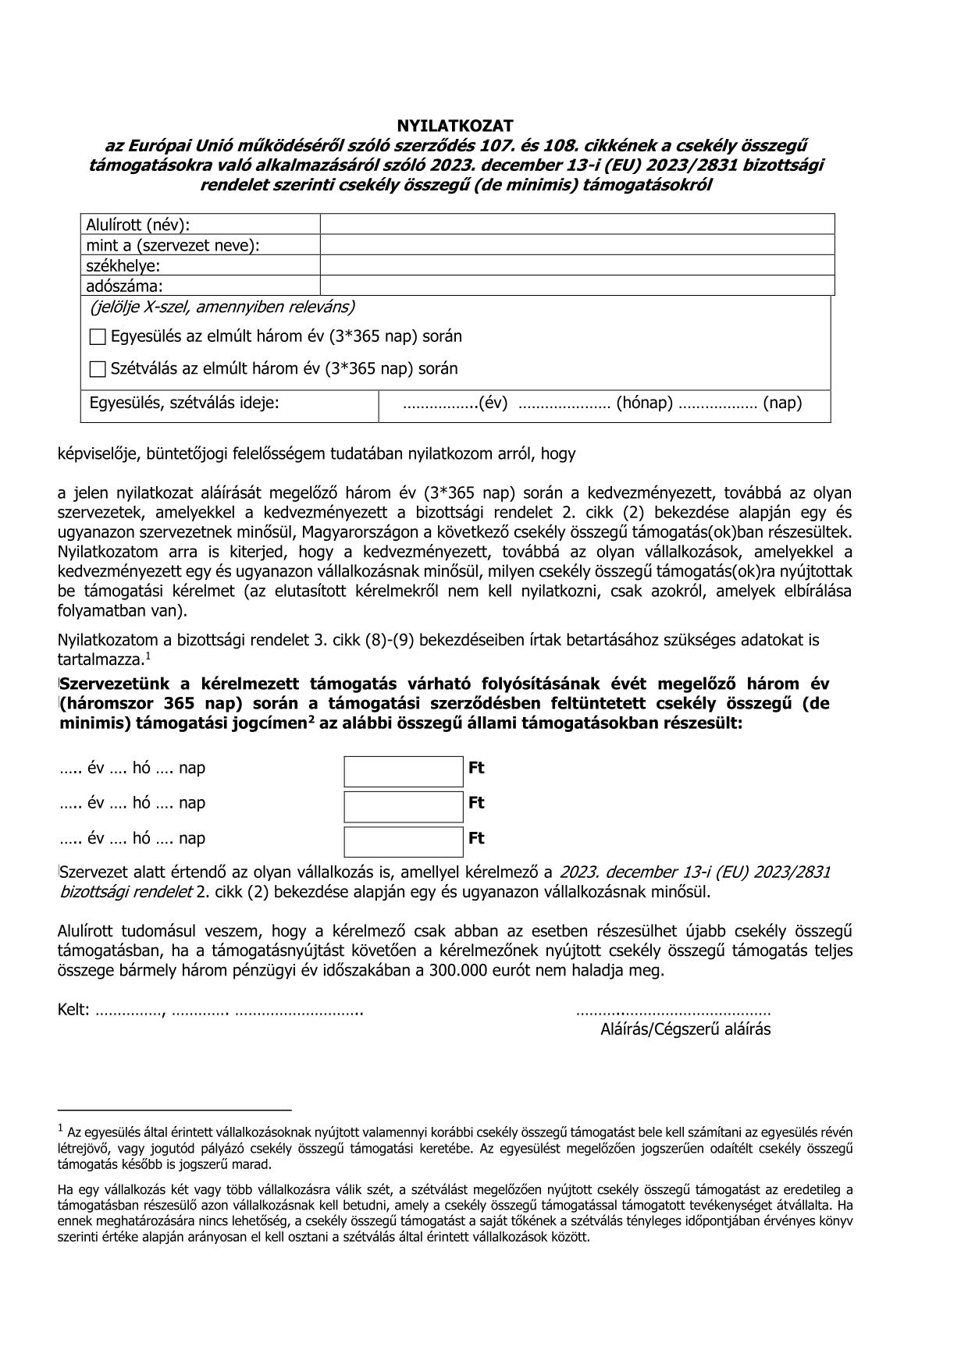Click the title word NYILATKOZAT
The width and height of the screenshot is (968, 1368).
click(455, 126)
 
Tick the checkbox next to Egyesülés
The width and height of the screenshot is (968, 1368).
click(98, 337)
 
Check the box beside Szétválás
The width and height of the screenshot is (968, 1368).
click(98, 369)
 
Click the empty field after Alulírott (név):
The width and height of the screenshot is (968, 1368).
click(577, 225)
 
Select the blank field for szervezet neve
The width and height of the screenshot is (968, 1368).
click(577, 245)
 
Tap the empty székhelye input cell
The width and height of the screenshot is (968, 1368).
click(577, 265)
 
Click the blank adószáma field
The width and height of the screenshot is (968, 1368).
click(577, 286)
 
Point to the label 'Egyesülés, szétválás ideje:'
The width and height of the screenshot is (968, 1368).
click(184, 403)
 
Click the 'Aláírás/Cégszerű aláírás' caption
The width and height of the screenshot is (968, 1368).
click(685, 1029)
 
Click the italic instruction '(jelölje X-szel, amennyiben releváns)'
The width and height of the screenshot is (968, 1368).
click(222, 307)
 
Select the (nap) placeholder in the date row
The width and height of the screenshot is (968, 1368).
click(782, 403)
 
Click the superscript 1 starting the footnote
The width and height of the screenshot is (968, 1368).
click(61, 1128)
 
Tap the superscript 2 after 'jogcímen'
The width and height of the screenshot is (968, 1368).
click(311, 720)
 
